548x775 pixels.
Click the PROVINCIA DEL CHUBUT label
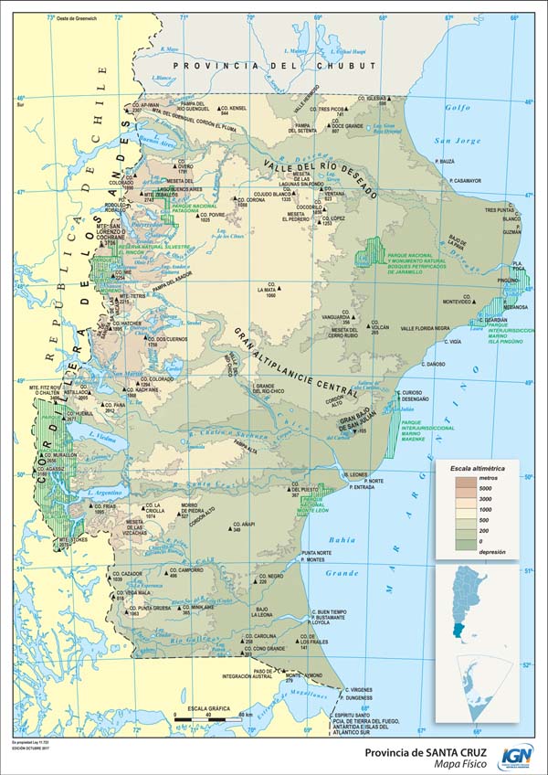(x=274, y=66)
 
